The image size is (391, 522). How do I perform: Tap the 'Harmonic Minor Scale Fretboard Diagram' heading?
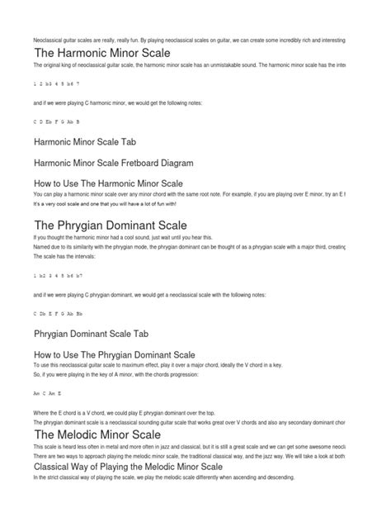[126, 163]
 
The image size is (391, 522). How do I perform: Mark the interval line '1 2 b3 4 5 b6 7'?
[57, 83]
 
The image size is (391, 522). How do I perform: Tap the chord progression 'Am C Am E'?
[47, 394]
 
